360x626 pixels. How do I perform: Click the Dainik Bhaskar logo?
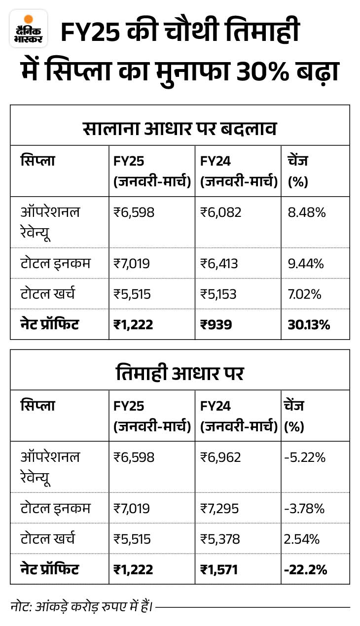click(x=29, y=29)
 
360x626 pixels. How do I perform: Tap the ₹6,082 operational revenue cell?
click(x=220, y=212)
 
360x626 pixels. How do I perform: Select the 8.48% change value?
click(x=307, y=212)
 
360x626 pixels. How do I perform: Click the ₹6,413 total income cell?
click(x=219, y=264)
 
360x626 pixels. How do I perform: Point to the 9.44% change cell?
click(x=306, y=264)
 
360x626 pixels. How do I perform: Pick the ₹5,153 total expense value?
click(x=218, y=294)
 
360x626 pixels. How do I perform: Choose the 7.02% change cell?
click(x=304, y=294)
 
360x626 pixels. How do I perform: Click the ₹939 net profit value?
click(x=216, y=325)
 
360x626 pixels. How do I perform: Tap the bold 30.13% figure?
click(x=309, y=325)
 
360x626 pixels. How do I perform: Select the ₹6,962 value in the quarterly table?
click(x=220, y=457)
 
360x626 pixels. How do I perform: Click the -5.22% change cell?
click(x=305, y=457)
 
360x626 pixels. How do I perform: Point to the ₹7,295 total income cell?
click(x=219, y=508)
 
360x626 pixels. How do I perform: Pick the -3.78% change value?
click(x=304, y=508)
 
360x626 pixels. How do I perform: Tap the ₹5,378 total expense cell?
click(x=220, y=539)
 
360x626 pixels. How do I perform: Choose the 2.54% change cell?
click(x=302, y=539)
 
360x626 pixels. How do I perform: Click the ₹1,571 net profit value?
click(x=219, y=569)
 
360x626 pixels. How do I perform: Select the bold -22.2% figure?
click(x=305, y=569)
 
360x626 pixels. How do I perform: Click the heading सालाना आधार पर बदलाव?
click(x=180, y=128)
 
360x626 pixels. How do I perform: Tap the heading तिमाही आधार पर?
click(x=180, y=373)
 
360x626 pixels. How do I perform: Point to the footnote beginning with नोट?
click(x=82, y=606)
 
